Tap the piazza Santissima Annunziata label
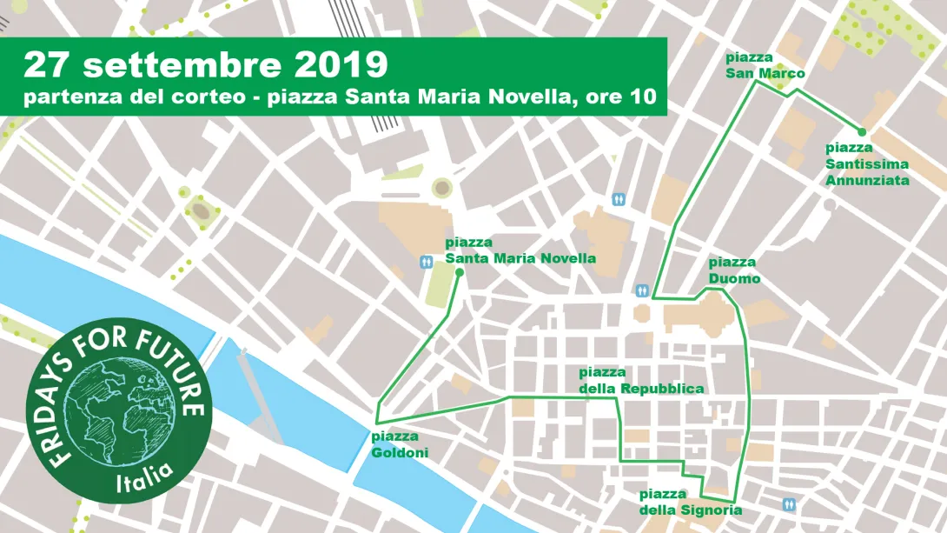[867, 164]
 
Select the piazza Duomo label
[734, 270]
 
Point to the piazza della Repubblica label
[640, 381]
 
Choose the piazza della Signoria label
[691, 502]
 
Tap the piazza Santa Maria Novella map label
[520, 250]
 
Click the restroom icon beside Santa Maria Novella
[427, 261]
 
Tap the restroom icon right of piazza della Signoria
[789, 503]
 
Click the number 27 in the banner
[46, 63]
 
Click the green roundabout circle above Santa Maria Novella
[442, 187]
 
